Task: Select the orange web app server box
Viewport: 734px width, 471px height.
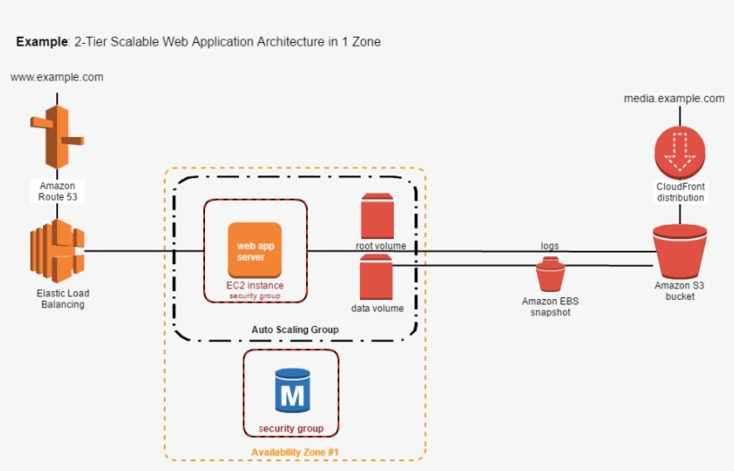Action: [x=254, y=250]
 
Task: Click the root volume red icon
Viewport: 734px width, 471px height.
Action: [x=377, y=216]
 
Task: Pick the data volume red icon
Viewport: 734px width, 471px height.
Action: [x=377, y=278]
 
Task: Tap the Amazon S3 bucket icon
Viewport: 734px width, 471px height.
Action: [x=680, y=252]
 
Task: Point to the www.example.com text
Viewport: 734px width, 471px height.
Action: [x=56, y=77]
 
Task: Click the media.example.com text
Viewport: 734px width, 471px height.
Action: [x=674, y=98]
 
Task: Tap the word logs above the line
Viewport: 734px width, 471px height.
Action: [x=550, y=245]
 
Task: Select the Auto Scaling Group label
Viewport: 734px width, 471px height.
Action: [x=295, y=330]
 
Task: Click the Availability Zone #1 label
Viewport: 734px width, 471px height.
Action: [x=294, y=451]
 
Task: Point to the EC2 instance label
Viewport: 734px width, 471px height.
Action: [x=254, y=286]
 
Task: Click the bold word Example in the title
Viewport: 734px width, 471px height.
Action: [x=41, y=42]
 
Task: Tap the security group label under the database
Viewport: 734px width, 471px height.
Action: [x=291, y=428]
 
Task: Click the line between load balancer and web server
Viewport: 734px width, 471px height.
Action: [x=143, y=251]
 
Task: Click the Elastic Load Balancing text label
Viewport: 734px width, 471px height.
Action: [x=62, y=298]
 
